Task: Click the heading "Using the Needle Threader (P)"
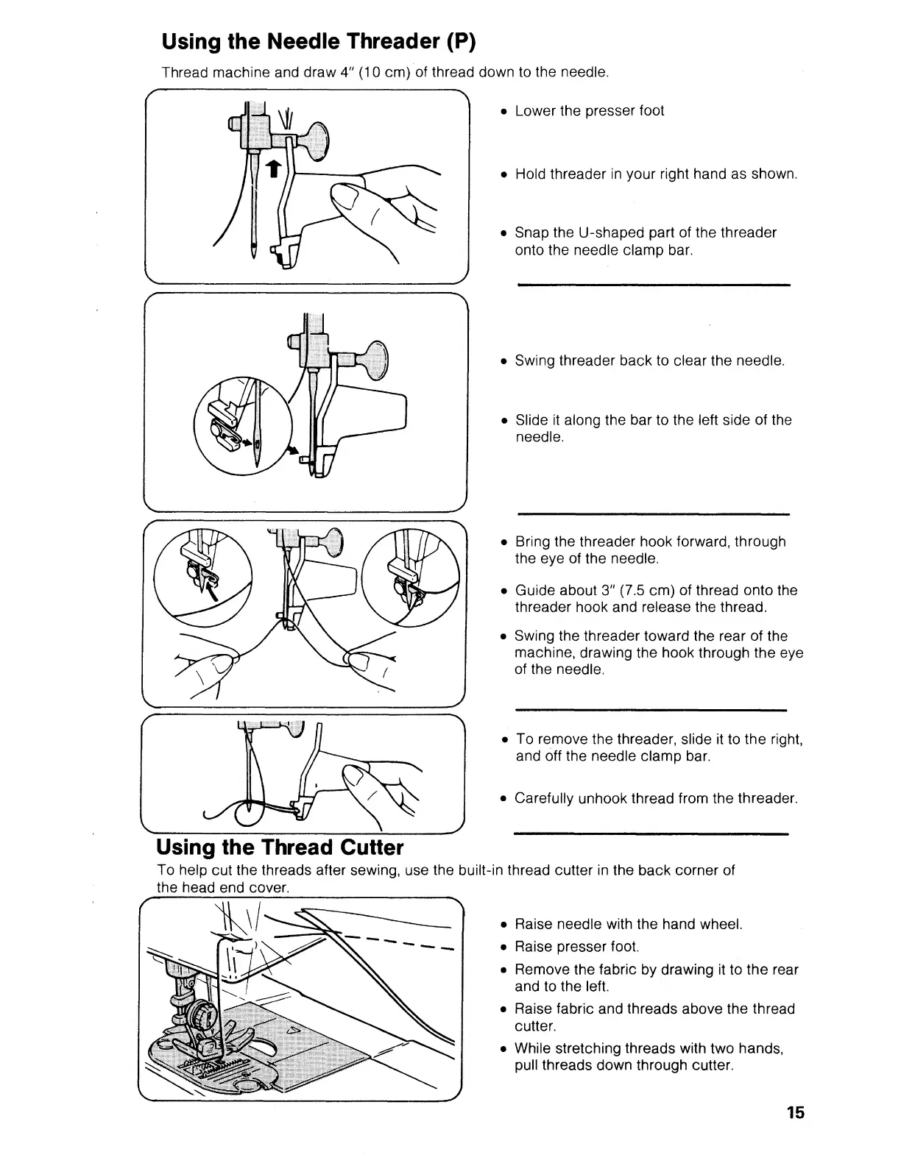tap(319, 41)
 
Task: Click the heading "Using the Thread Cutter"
tap(280, 847)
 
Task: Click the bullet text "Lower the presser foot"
tap(589, 111)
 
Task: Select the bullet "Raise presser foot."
tap(576, 946)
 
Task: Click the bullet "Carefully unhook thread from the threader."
tap(656, 798)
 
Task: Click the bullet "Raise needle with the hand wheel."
tap(628, 924)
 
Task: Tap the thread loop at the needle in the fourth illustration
tap(248, 811)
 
